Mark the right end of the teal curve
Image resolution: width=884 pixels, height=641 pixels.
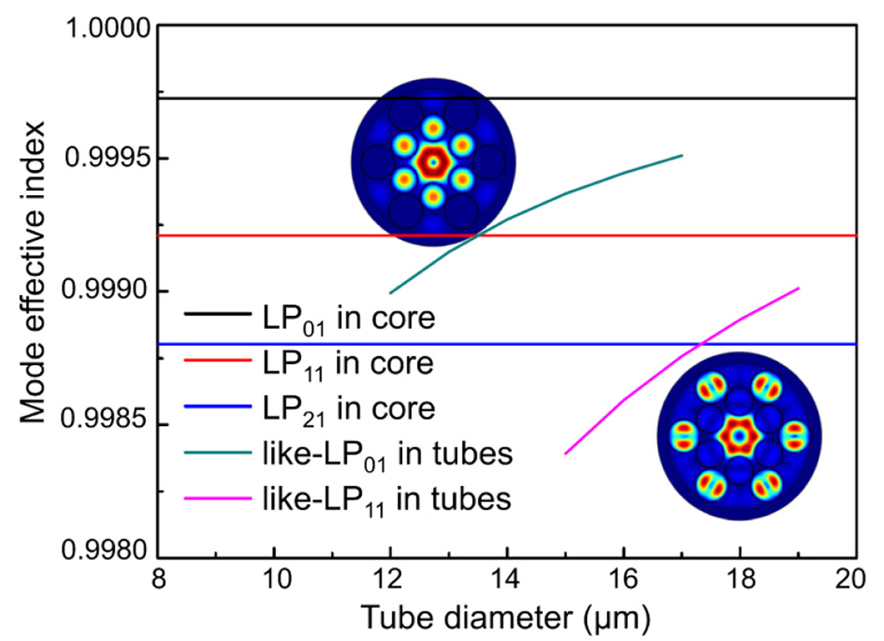point(682,155)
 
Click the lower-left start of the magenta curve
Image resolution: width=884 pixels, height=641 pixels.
point(565,454)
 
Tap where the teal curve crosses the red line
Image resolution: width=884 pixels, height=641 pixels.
point(479,235)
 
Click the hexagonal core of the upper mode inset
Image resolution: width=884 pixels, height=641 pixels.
point(433,161)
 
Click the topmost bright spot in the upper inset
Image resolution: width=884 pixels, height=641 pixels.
point(433,130)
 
